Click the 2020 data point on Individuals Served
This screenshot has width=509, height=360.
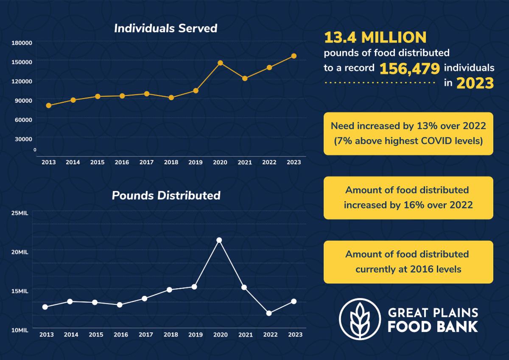coord(220,63)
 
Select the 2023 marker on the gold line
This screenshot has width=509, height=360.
coord(294,56)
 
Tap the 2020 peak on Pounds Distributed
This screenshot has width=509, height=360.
coord(219,240)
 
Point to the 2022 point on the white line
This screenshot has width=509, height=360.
coord(269,313)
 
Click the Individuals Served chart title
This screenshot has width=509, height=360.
coord(165,28)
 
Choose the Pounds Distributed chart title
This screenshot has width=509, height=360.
coord(166,195)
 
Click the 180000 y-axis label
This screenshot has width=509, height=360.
coord(22,43)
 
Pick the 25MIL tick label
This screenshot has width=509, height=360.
coord(20,213)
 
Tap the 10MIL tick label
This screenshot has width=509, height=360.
coord(20,330)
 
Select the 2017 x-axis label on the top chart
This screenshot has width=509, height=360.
coord(146,163)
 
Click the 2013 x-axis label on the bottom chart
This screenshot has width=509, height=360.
coord(47,335)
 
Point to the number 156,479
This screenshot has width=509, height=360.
coord(409,68)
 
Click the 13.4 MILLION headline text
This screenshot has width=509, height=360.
coord(375,38)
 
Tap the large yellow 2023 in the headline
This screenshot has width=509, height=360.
coord(475,83)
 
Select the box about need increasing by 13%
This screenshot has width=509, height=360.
coord(408,133)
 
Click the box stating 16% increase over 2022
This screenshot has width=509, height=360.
coord(408,197)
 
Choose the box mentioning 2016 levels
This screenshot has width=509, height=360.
coord(408,262)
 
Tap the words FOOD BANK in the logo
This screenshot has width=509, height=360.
coord(433,326)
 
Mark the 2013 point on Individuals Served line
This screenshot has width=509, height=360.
coord(49,105)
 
